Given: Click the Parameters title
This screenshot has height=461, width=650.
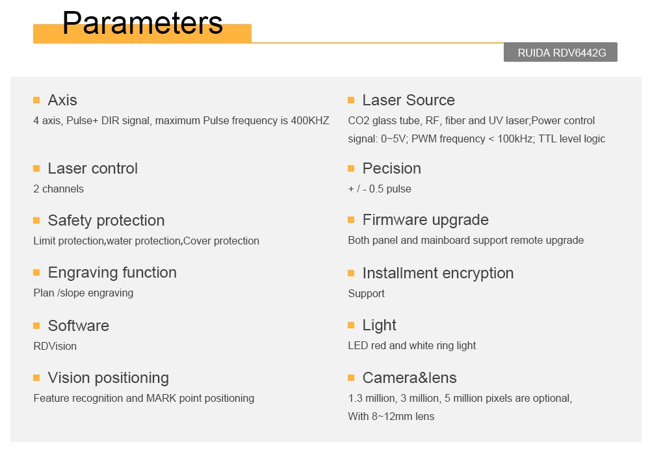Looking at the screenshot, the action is click(142, 23).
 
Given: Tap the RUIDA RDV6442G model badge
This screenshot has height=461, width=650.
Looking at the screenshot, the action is click(560, 52).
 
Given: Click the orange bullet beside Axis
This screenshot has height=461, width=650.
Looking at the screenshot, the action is click(36, 100).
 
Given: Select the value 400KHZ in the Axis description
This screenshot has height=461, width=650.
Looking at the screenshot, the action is click(309, 121).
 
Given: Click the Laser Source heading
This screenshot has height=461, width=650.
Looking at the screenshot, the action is click(408, 100).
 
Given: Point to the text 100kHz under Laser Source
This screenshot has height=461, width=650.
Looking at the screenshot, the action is click(515, 139).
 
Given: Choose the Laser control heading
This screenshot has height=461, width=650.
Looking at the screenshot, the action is click(92, 168).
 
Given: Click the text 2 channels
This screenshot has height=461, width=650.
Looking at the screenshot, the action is click(58, 189).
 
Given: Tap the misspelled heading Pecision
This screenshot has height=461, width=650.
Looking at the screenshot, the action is click(392, 168).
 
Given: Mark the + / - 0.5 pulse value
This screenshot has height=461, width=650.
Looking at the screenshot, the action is click(380, 189).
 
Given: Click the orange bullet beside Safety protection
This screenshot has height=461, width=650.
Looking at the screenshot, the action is click(36, 220).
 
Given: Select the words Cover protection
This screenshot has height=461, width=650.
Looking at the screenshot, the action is click(221, 241).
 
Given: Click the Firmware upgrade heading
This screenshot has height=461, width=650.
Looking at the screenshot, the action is click(425, 220).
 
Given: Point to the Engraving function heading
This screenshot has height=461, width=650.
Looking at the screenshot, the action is click(112, 272).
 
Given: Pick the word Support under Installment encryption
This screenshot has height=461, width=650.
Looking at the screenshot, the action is click(366, 293).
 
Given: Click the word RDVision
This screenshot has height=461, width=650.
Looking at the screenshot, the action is click(55, 346).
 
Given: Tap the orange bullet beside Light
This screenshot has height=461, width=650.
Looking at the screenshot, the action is click(351, 326).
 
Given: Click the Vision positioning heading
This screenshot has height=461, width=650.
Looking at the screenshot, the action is click(108, 378).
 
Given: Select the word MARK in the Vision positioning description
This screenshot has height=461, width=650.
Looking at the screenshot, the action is click(161, 399).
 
